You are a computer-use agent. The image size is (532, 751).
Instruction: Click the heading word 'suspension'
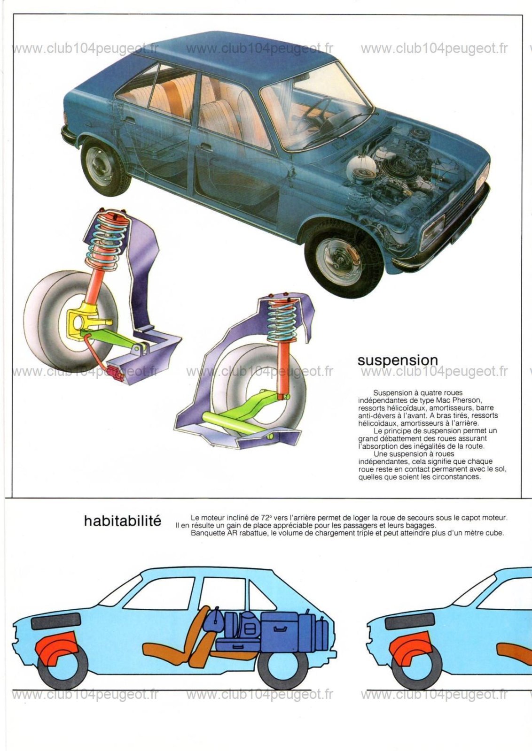(x=398, y=361)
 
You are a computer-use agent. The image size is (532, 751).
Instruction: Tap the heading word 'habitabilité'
(x=123, y=521)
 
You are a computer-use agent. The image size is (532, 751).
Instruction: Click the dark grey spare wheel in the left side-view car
(x=56, y=612)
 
